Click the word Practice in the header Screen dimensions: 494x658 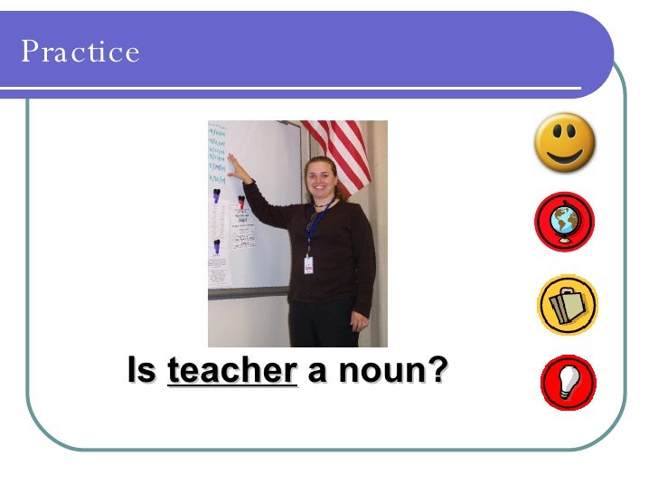80,52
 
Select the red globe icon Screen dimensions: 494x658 565,222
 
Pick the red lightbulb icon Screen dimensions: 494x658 568,382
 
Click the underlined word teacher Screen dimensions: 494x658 232,370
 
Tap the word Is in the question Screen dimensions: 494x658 142,370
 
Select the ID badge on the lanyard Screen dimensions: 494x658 309,264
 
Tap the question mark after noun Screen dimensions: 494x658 438,370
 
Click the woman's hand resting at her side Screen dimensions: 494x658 361,319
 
